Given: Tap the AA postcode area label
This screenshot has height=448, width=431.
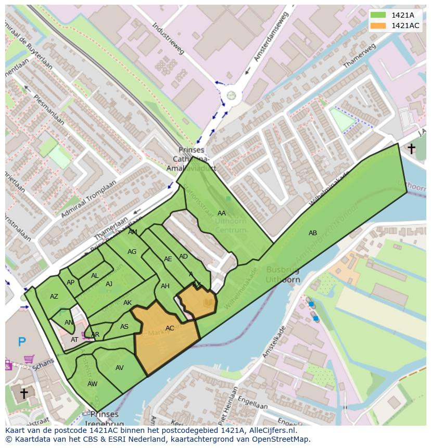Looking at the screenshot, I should (222, 213).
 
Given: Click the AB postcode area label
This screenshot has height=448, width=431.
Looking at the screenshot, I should (312, 233).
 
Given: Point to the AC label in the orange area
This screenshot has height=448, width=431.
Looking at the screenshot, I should (170, 328).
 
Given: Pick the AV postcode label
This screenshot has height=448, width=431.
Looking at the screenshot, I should (120, 368).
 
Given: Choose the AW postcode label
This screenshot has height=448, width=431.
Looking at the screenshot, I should (92, 384).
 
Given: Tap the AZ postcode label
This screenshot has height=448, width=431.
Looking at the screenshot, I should (54, 297).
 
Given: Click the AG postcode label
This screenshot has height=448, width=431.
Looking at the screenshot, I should (132, 252).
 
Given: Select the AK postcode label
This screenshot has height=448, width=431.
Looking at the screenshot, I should (128, 303).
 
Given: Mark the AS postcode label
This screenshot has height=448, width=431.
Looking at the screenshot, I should (124, 327).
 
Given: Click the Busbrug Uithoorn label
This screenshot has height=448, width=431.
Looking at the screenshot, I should (283, 274).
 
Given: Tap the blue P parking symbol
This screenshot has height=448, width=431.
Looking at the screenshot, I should (22, 342).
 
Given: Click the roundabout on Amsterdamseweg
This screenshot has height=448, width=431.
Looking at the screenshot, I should (231, 95).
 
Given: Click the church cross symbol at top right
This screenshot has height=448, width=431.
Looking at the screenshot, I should (411, 149).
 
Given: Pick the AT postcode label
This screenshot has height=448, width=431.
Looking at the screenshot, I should (74, 340).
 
